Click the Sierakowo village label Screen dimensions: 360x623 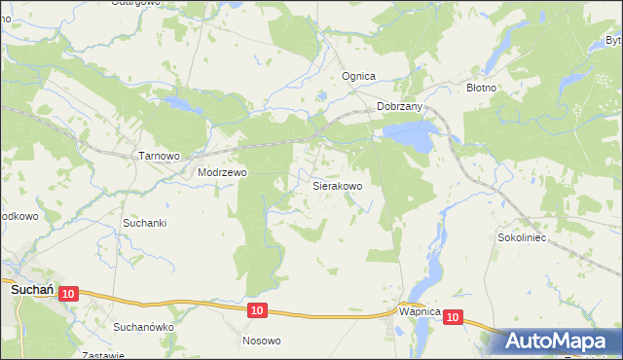[337, 185]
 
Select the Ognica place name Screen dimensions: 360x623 [358, 76]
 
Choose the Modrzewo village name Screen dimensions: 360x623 [222, 172]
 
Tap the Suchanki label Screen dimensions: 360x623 [145, 223]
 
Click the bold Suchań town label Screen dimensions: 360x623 [31, 289]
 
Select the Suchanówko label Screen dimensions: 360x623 [144, 327]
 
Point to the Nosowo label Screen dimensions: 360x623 [261, 341]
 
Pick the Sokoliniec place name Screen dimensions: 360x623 [524, 236]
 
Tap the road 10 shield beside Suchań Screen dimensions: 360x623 [67, 293]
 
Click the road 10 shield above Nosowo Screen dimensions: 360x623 [255, 309]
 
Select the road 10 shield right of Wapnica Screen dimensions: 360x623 [454, 316]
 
